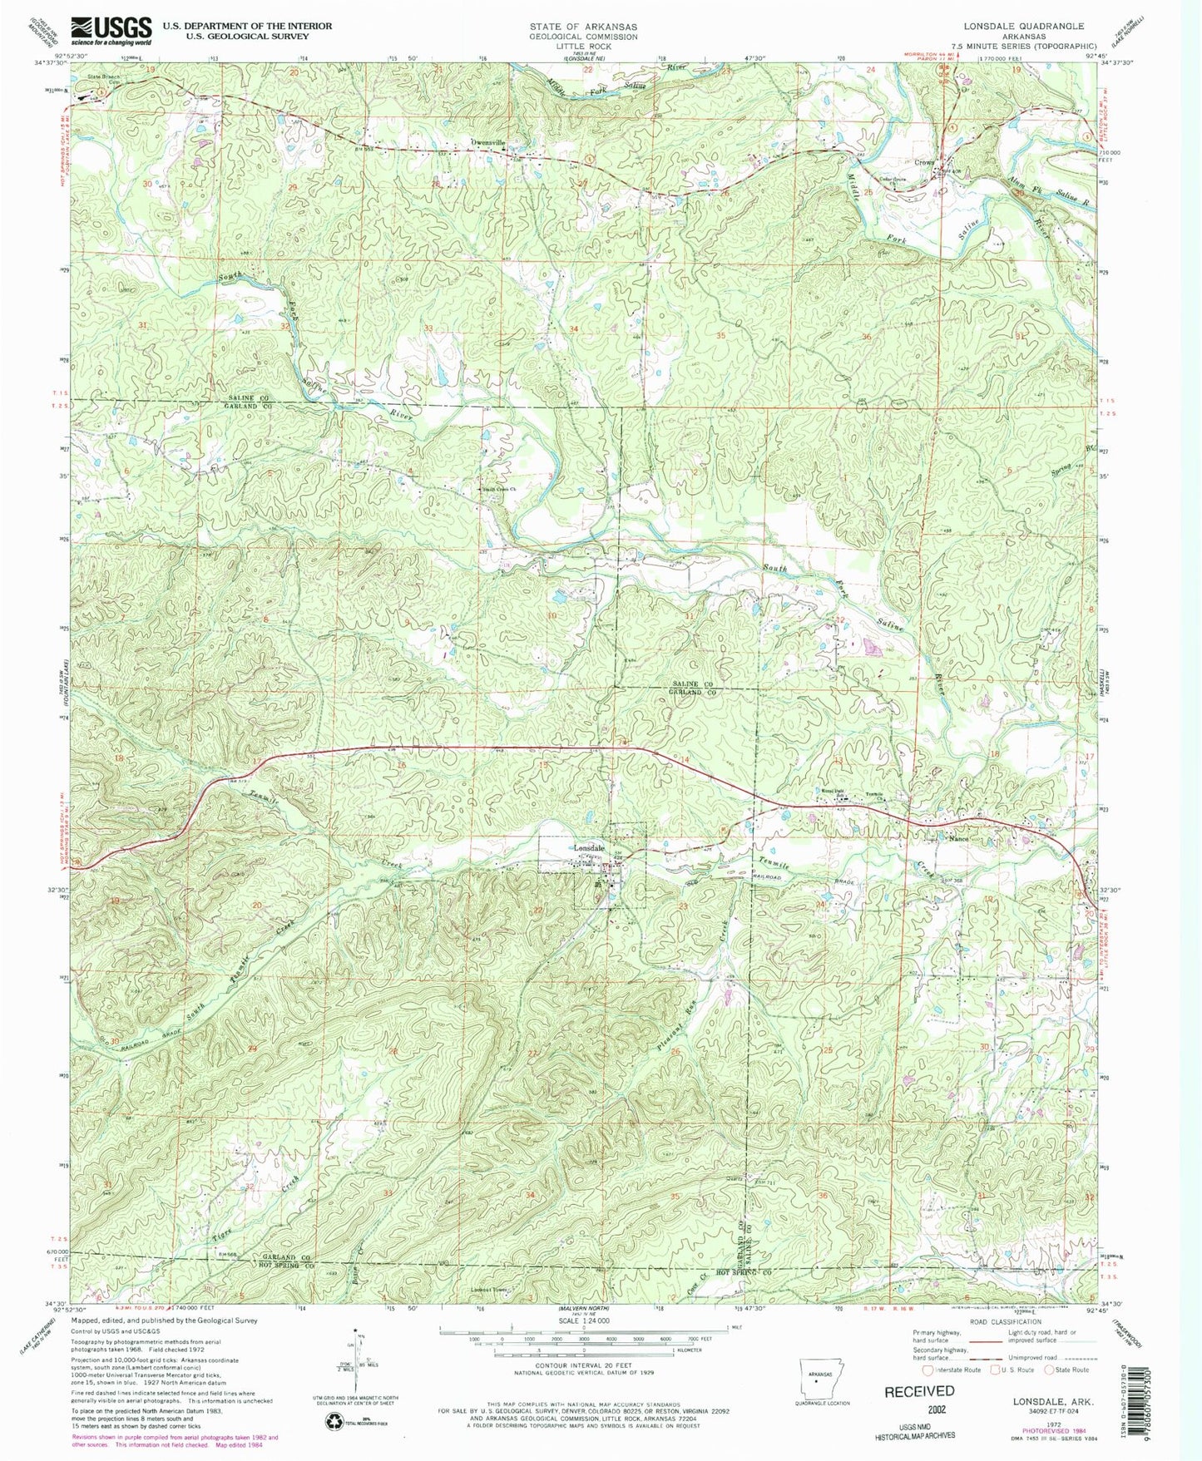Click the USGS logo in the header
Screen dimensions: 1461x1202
[111, 31]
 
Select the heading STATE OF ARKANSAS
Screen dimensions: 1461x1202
[583, 27]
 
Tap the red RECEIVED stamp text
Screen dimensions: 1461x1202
[918, 1390]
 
